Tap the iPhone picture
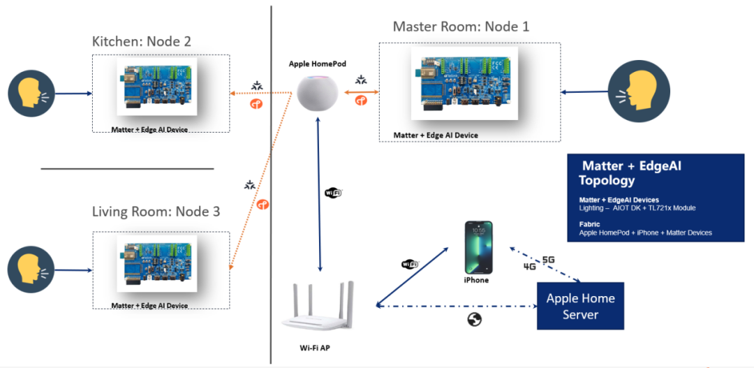point(479,248)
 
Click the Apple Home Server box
point(579,306)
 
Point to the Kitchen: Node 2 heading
point(142,42)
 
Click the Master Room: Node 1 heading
point(461,27)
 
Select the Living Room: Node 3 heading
point(156,211)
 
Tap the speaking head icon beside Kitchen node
point(31,94)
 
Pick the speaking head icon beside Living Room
point(31,269)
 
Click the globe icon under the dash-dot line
point(475,319)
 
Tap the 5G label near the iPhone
point(548,260)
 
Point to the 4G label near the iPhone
point(530,267)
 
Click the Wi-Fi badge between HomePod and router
point(334,192)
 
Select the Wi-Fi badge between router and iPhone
point(410,264)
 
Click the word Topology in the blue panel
point(607,180)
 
